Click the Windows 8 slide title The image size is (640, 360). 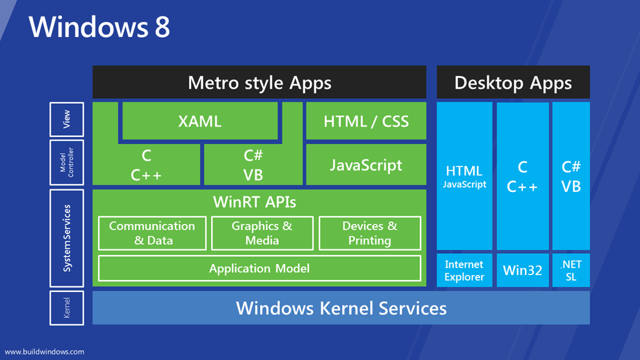(x=99, y=27)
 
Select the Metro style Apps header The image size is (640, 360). (x=259, y=82)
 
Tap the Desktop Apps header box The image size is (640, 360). (x=513, y=82)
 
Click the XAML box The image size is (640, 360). (x=200, y=121)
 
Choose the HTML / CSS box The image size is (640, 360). (x=366, y=121)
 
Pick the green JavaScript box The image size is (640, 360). (x=366, y=164)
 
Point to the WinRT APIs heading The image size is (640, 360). (x=255, y=202)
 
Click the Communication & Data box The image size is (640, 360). (x=152, y=233)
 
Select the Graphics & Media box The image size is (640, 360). (x=262, y=233)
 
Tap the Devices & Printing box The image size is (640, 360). (x=370, y=233)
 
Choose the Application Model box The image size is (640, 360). (x=259, y=269)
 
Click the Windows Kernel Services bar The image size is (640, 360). (x=341, y=307)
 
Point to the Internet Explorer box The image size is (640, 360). (x=464, y=270)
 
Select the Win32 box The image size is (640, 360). (x=522, y=270)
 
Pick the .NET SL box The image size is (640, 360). (x=571, y=270)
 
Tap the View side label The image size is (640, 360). (x=66, y=119)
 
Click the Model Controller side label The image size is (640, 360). (x=66, y=162)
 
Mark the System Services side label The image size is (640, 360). (x=66, y=238)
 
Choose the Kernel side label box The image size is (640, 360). (x=66, y=307)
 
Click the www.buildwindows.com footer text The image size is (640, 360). (x=44, y=352)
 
